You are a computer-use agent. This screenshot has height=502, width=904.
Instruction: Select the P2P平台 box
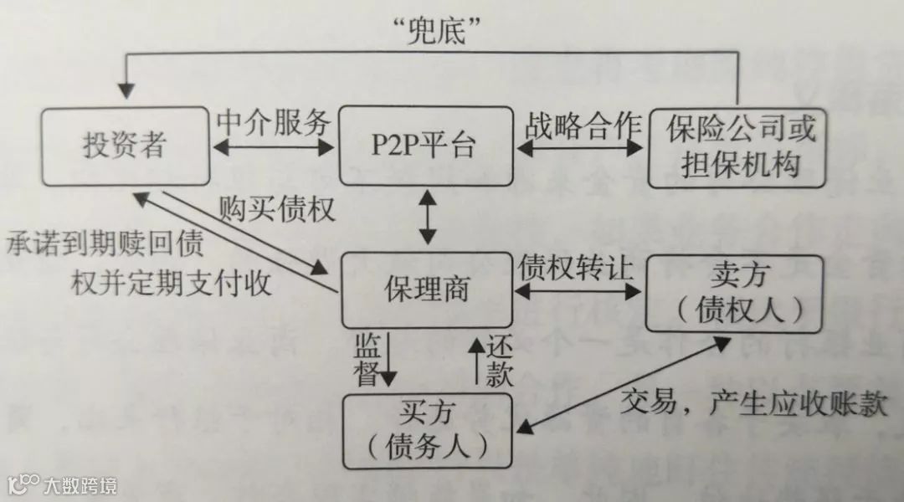425,146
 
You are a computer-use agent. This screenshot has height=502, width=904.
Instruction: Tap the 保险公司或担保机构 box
737,146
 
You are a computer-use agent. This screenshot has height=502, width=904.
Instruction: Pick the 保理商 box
425,290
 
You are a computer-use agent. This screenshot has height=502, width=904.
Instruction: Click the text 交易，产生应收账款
753,405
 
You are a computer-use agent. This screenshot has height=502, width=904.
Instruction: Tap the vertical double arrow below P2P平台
428,218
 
